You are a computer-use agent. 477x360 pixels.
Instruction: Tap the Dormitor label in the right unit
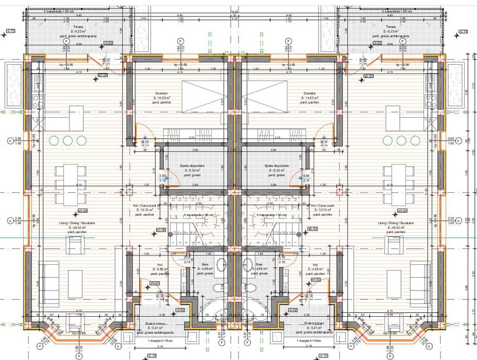coord(311,93)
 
